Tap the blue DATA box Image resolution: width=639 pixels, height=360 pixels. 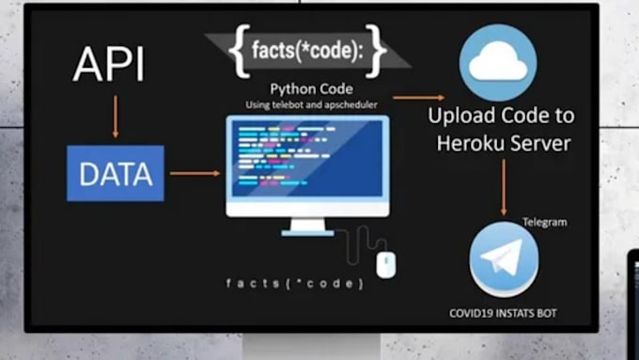pyautogui.click(x=116, y=173)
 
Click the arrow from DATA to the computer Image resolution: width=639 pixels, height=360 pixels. pyautogui.click(x=195, y=173)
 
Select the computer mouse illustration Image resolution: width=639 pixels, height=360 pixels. pyautogui.click(x=383, y=265)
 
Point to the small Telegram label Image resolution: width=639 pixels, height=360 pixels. pyautogui.click(x=546, y=222)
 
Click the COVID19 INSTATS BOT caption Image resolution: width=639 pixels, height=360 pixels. pyautogui.click(x=503, y=312)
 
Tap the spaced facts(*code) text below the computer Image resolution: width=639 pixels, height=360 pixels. pyautogui.click(x=295, y=283)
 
